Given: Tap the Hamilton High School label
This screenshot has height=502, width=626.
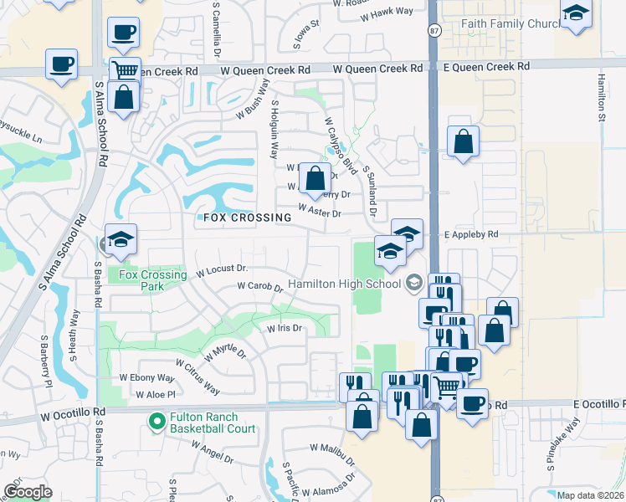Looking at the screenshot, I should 345,284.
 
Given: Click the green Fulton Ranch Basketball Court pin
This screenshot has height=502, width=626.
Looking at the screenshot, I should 156,422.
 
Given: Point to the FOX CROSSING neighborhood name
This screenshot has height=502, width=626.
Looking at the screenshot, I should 247,218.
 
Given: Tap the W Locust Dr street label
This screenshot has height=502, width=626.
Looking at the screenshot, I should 222,270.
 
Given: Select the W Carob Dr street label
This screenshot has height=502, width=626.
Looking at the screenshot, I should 259,286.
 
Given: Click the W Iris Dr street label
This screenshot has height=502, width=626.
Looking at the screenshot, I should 284,329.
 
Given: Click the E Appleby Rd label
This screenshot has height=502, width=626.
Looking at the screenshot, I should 471,235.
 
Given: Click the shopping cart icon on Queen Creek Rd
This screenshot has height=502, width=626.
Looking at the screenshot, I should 125,71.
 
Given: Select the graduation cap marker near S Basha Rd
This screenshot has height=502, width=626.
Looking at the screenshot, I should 121,240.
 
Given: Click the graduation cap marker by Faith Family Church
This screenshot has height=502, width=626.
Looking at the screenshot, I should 577,13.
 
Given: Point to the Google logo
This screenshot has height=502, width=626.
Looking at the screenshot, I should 27,492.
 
